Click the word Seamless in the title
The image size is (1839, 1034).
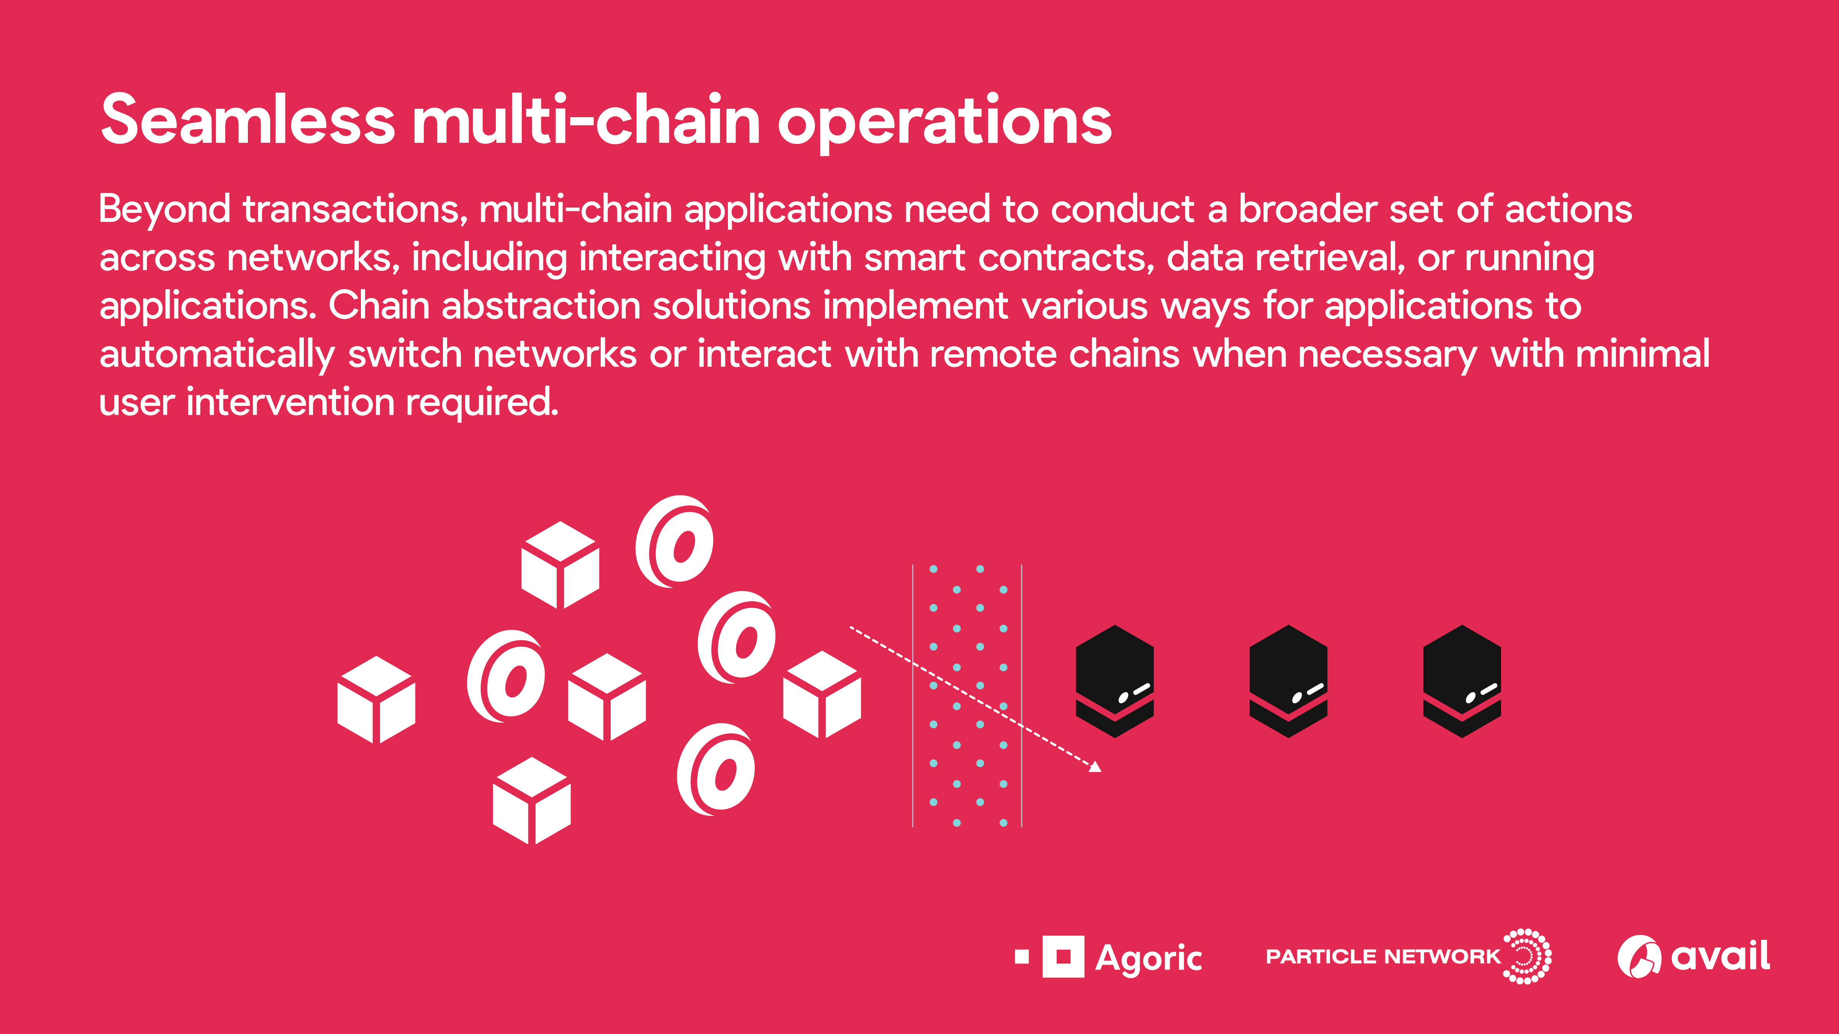[248, 120]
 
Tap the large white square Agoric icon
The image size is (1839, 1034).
[1063, 956]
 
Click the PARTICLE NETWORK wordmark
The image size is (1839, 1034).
[1383, 956]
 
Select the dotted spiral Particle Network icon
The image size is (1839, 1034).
[1526, 956]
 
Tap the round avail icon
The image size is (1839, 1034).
[1638, 956]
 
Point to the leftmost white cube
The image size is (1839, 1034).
[376, 699]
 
